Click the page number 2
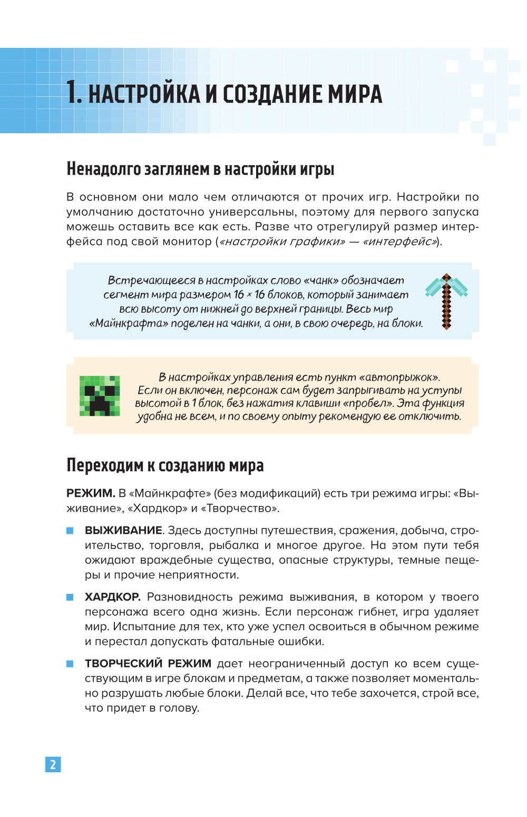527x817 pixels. pos(53,764)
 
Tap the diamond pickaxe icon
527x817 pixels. pos(446,301)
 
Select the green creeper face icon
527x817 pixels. pos(100,396)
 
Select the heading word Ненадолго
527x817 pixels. pos(100,169)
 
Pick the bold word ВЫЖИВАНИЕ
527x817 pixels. pos(123,530)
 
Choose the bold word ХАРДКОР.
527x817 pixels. pos(112,597)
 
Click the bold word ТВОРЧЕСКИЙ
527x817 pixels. pos(122,663)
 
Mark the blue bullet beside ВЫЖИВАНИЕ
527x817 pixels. pos(70,531)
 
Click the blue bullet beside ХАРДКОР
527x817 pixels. pos(70,597)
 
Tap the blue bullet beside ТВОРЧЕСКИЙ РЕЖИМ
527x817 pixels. pos(70,664)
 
